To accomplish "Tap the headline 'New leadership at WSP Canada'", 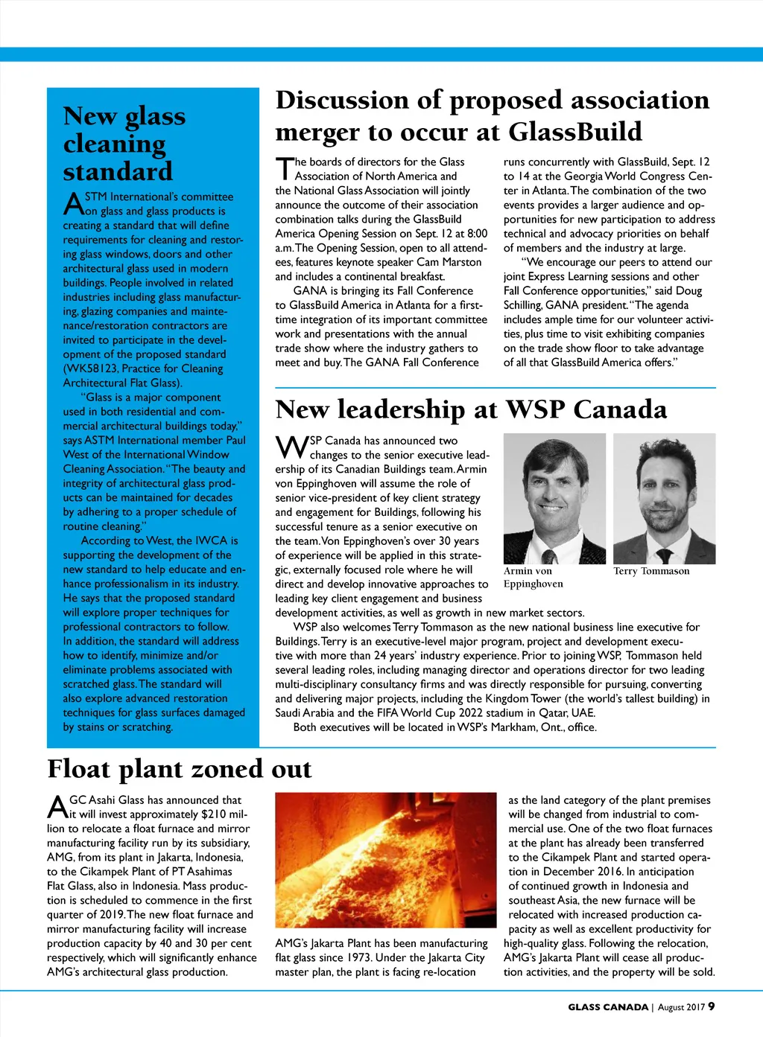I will point(471,410).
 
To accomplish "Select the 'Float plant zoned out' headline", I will point(180,769).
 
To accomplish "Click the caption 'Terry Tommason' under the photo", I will point(651,571).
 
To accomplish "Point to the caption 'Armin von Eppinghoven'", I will point(533,578).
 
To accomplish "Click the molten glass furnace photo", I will point(385,859).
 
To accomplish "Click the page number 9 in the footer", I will point(712,1006).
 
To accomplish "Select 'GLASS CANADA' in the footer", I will point(608,1007).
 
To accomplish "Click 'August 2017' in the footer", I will point(681,1007).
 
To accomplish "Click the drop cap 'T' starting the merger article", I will point(284,169).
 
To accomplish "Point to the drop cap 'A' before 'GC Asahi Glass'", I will point(57,807).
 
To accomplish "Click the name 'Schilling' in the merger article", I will point(522,305).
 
